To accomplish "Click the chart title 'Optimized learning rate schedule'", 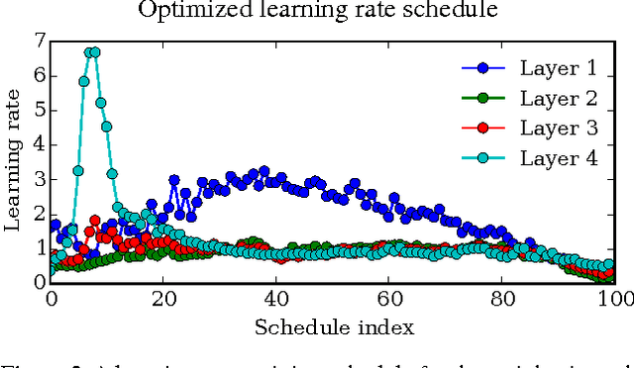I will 317,11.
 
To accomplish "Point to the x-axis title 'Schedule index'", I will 334,326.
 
